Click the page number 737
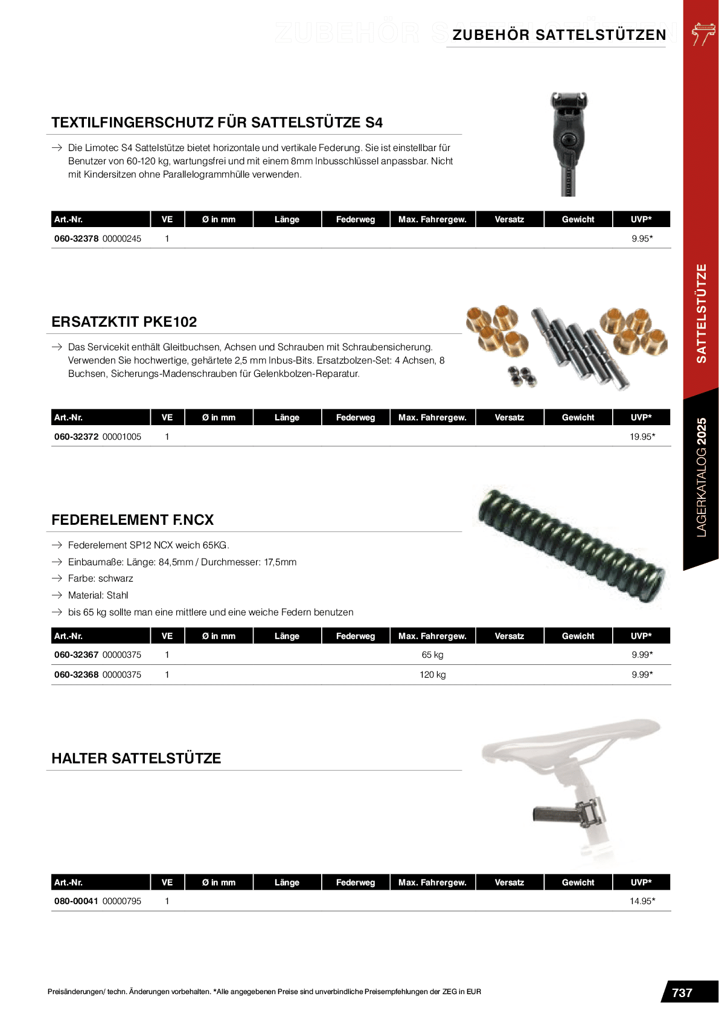click(x=682, y=992)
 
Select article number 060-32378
click(x=77, y=239)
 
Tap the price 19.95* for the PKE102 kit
click(x=642, y=437)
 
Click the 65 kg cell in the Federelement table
click(x=432, y=655)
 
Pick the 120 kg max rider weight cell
click(x=432, y=675)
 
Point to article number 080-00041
click(x=76, y=901)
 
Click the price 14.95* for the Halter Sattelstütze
click(x=642, y=901)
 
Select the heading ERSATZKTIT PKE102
click(x=124, y=322)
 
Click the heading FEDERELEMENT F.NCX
click(x=133, y=520)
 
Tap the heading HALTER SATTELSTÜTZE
click(x=136, y=759)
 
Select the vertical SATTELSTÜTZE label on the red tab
click(x=701, y=313)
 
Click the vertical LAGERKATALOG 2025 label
click(x=701, y=477)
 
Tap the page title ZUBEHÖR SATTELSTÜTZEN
click(x=559, y=35)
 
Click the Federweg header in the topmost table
click(x=356, y=219)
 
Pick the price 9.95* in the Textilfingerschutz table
click(x=642, y=239)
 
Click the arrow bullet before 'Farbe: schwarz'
click(x=57, y=579)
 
